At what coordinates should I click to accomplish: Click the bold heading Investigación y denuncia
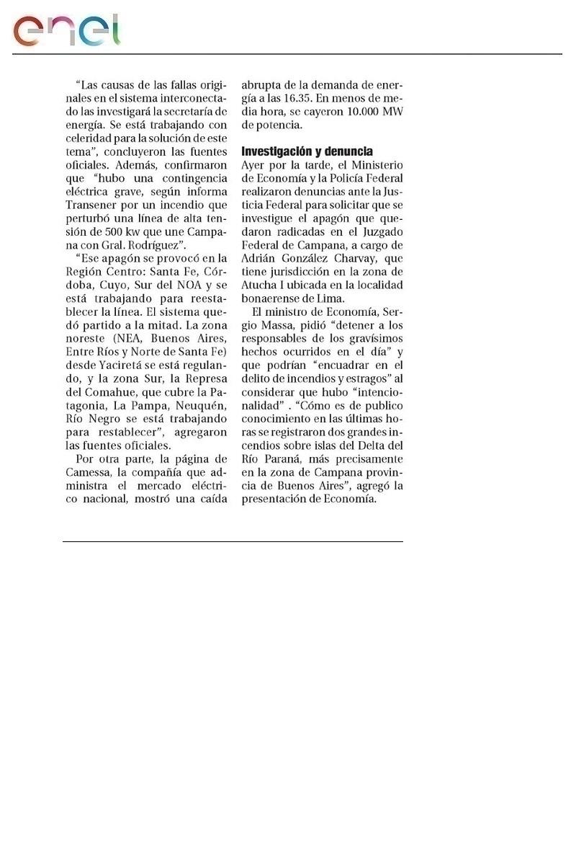click(x=307, y=151)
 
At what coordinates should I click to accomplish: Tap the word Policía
click(x=346, y=179)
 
